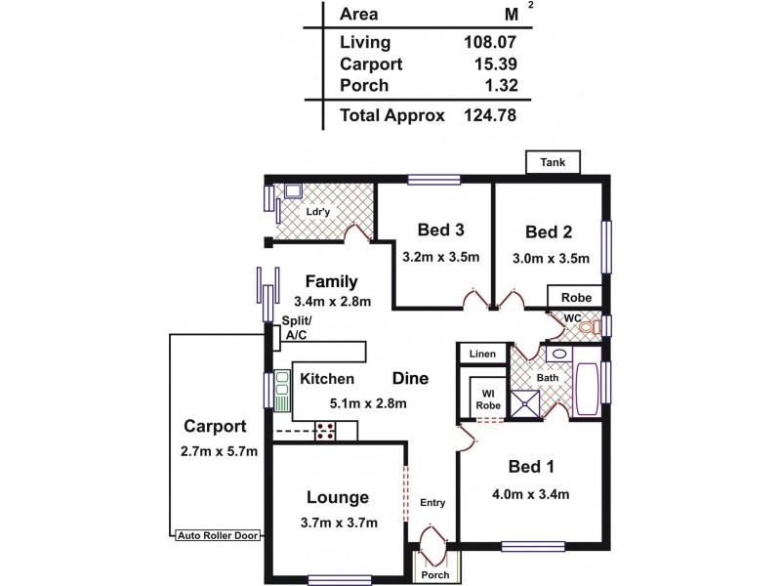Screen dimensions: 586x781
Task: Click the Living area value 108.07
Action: pos(490,42)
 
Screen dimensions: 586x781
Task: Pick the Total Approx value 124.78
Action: pos(490,115)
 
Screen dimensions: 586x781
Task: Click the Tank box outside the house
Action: pos(554,162)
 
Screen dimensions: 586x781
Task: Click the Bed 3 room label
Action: pos(439,230)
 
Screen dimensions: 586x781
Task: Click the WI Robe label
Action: pos(486,399)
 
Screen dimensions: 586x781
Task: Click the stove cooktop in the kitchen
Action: pos(326,430)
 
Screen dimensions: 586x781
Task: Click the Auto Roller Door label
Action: pos(217,536)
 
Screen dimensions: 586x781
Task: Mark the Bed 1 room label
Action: pos(529,467)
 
